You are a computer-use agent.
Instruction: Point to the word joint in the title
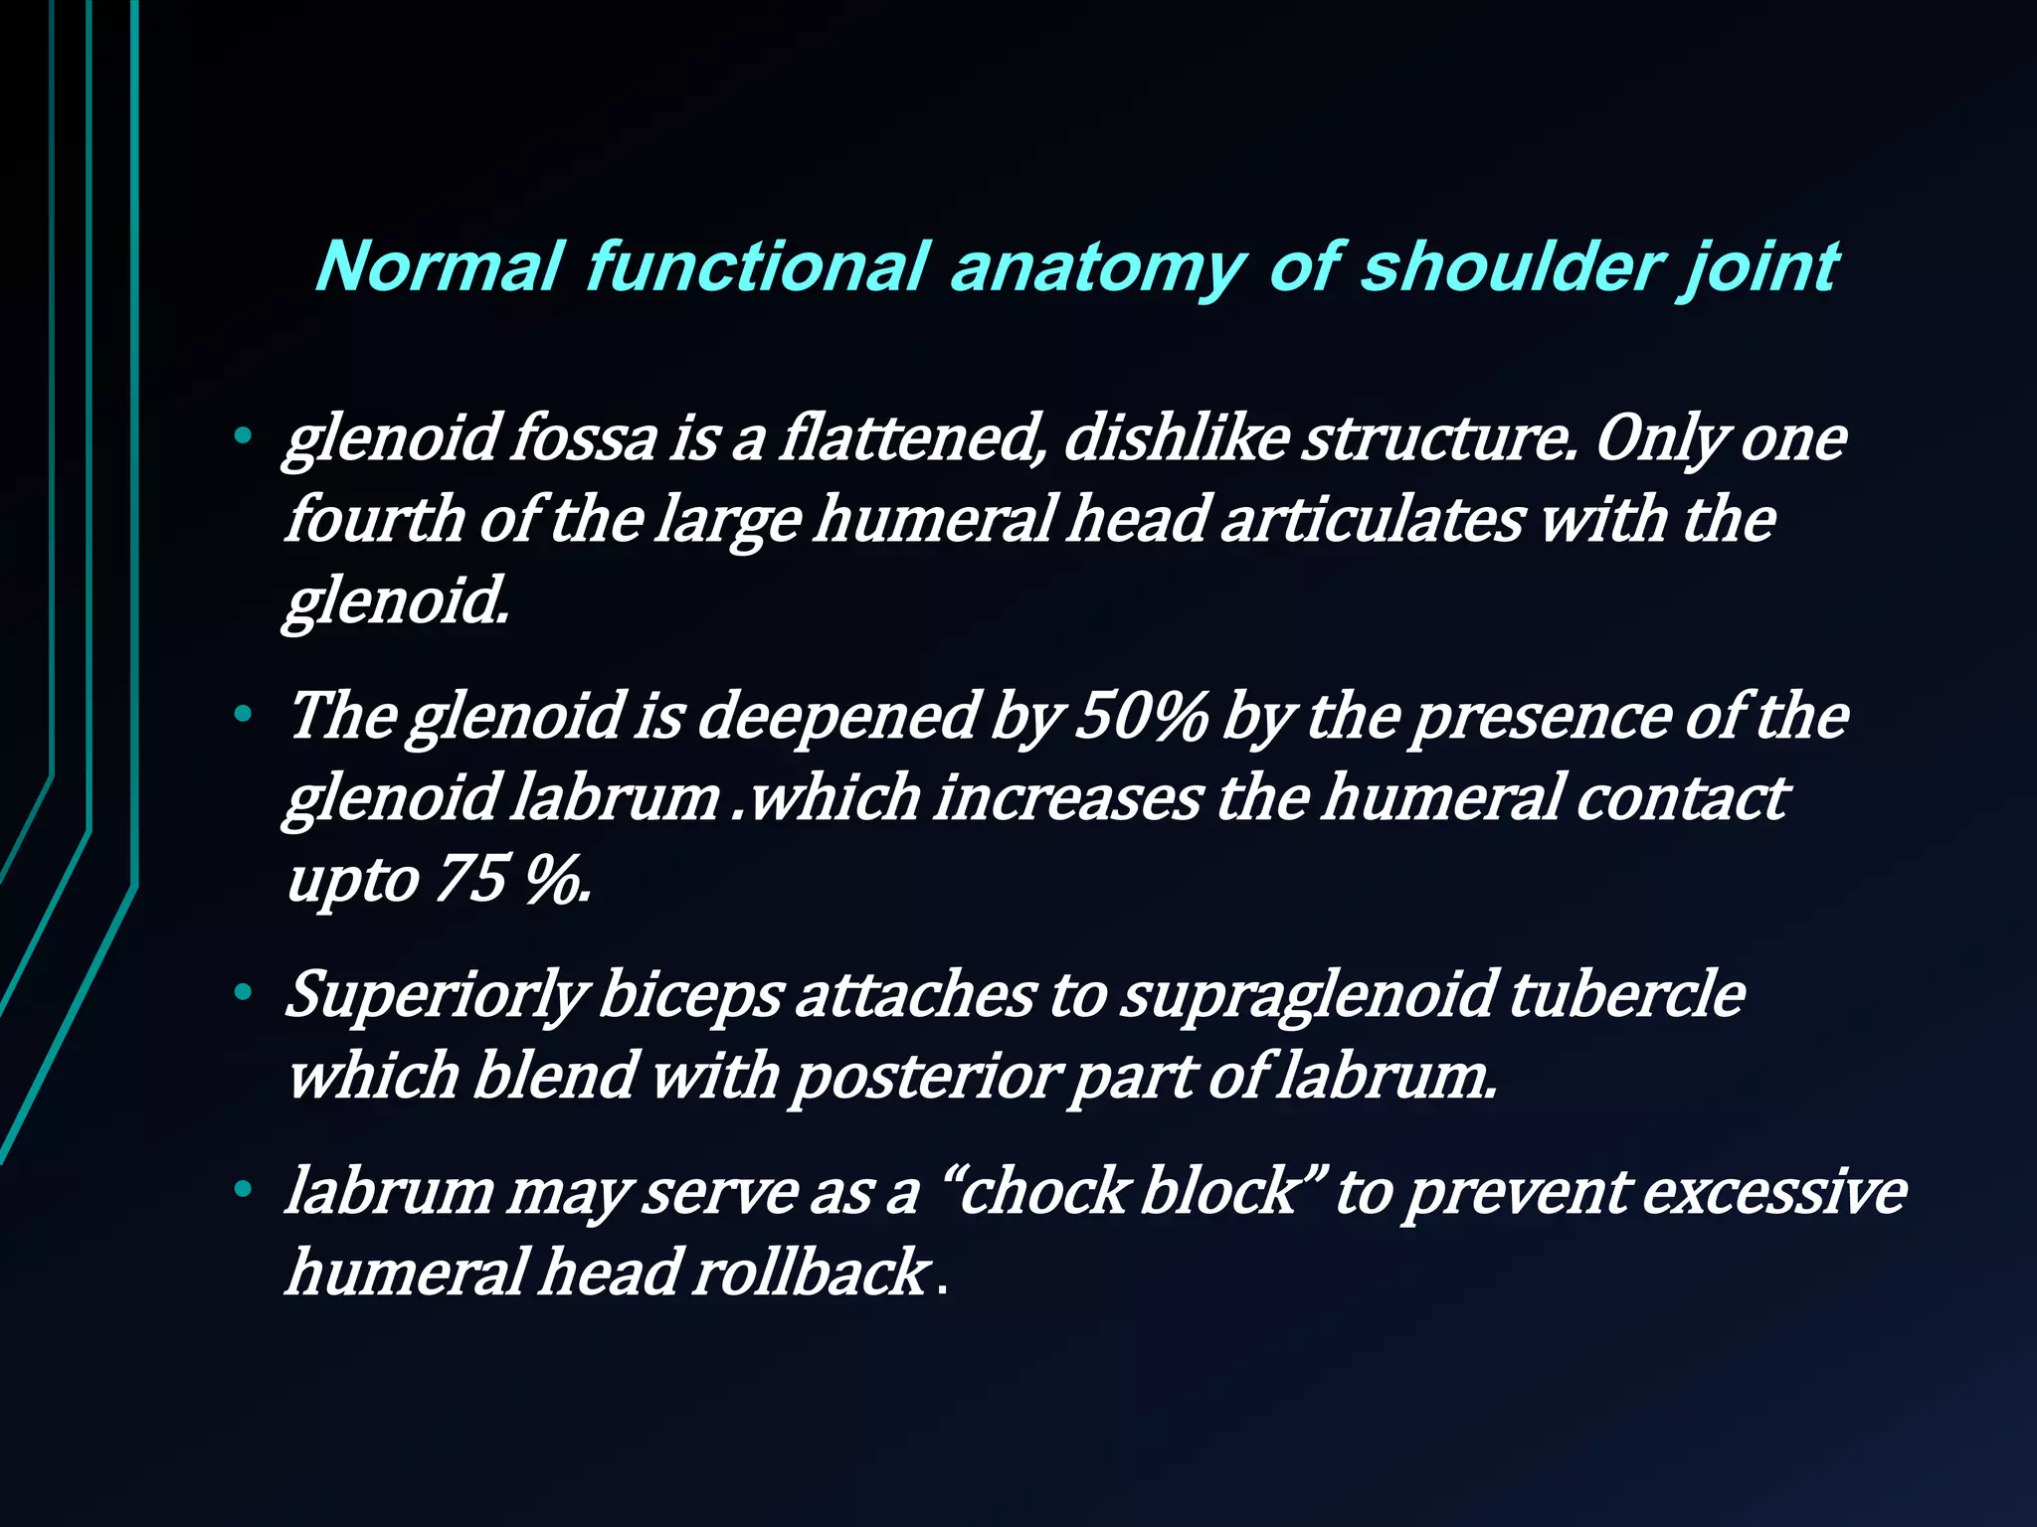pyautogui.click(x=1761, y=268)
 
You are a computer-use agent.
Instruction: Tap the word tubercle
pyautogui.click(x=1627, y=994)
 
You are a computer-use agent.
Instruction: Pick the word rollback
pyautogui.click(x=811, y=1272)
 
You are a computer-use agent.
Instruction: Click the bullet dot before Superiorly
pyautogui.click(x=242, y=992)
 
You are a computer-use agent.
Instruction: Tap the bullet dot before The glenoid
pyautogui.click(x=242, y=713)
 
